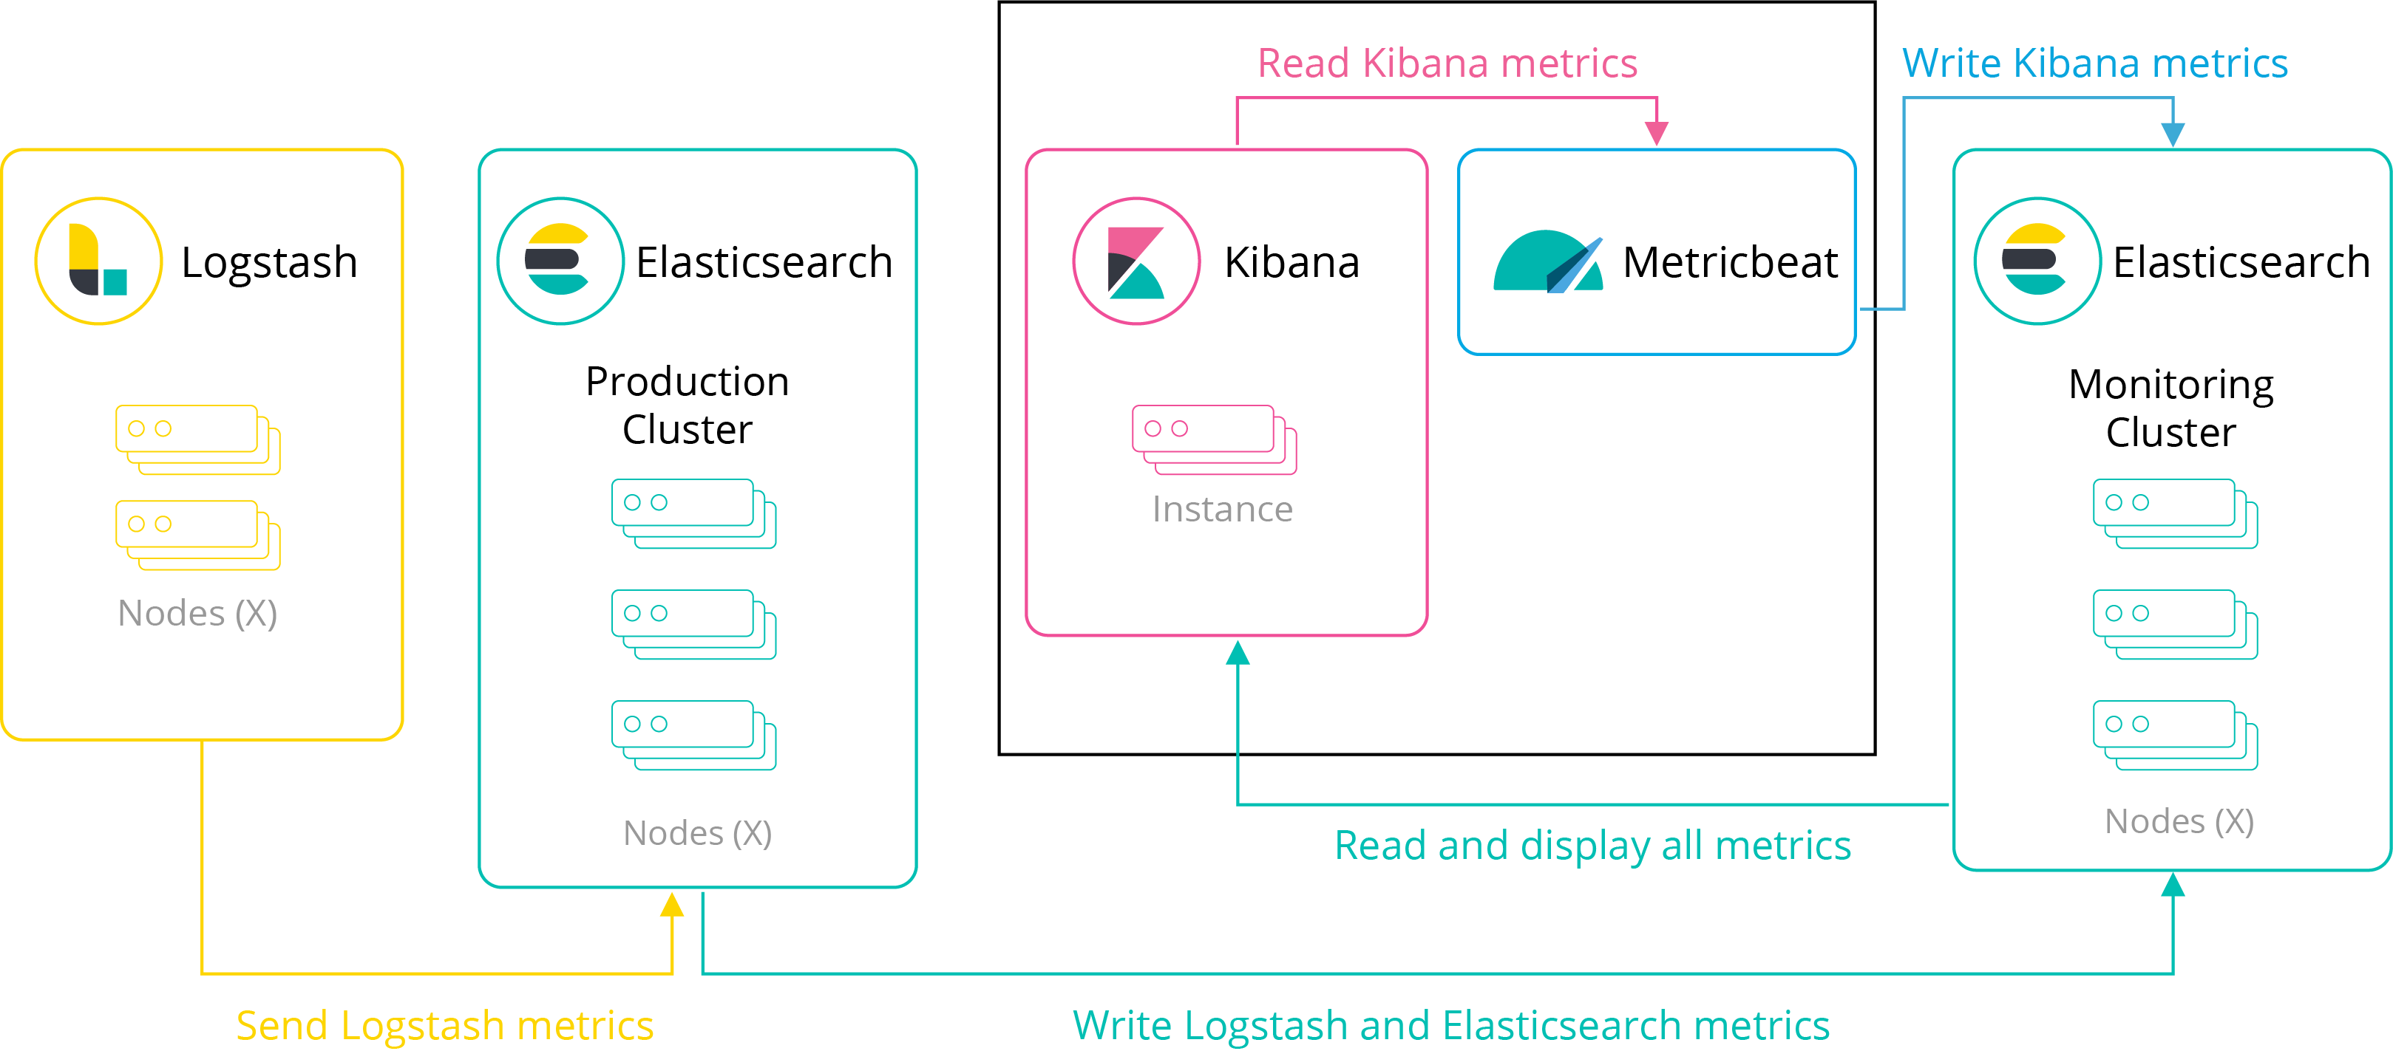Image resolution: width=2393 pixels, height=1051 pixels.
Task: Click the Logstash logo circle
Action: (98, 261)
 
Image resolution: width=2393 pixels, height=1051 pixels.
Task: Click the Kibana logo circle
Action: (1136, 261)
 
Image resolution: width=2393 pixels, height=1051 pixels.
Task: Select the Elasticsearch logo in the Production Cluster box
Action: (560, 261)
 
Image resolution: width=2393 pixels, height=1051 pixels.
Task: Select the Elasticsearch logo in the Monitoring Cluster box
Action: (2037, 261)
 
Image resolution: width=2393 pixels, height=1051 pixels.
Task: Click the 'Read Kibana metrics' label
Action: (1447, 63)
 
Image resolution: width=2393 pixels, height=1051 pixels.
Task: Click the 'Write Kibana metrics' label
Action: (2094, 63)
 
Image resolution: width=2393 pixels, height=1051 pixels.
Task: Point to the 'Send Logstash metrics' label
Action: (444, 1025)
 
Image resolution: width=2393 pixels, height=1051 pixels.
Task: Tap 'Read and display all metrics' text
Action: (1592, 845)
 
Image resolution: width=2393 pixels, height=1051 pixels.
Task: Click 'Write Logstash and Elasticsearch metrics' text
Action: (1450, 1025)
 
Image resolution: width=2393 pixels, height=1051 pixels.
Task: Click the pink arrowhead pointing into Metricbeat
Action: (1657, 133)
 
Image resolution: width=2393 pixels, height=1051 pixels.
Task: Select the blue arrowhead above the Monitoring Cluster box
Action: (2172, 134)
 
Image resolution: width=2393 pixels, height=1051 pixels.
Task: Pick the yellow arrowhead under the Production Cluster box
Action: (673, 904)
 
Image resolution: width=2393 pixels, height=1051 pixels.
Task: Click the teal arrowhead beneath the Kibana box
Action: (1238, 654)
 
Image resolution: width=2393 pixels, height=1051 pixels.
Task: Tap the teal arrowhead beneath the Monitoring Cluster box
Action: (2172, 885)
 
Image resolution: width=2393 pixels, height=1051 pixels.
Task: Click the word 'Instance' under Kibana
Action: (1221, 510)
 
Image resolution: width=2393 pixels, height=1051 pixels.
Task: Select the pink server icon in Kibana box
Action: (1213, 439)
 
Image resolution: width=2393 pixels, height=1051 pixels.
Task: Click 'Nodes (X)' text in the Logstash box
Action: (197, 614)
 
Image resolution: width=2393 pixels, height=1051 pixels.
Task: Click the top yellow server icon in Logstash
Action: (197, 439)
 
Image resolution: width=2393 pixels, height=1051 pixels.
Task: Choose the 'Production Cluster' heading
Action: (688, 405)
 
